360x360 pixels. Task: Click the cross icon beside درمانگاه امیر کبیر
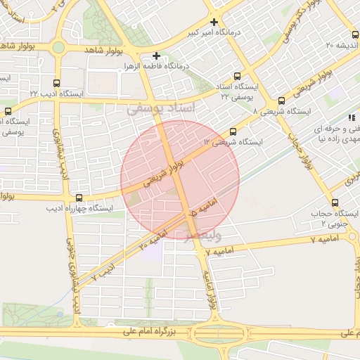(214, 22)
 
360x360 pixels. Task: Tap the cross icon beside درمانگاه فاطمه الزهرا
(156, 56)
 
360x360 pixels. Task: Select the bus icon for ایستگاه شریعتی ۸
(281, 101)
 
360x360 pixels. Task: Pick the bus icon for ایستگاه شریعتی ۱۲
(233, 131)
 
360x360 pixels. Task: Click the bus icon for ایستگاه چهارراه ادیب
(78, 198)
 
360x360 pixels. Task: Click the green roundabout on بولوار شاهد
(58, 48)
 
